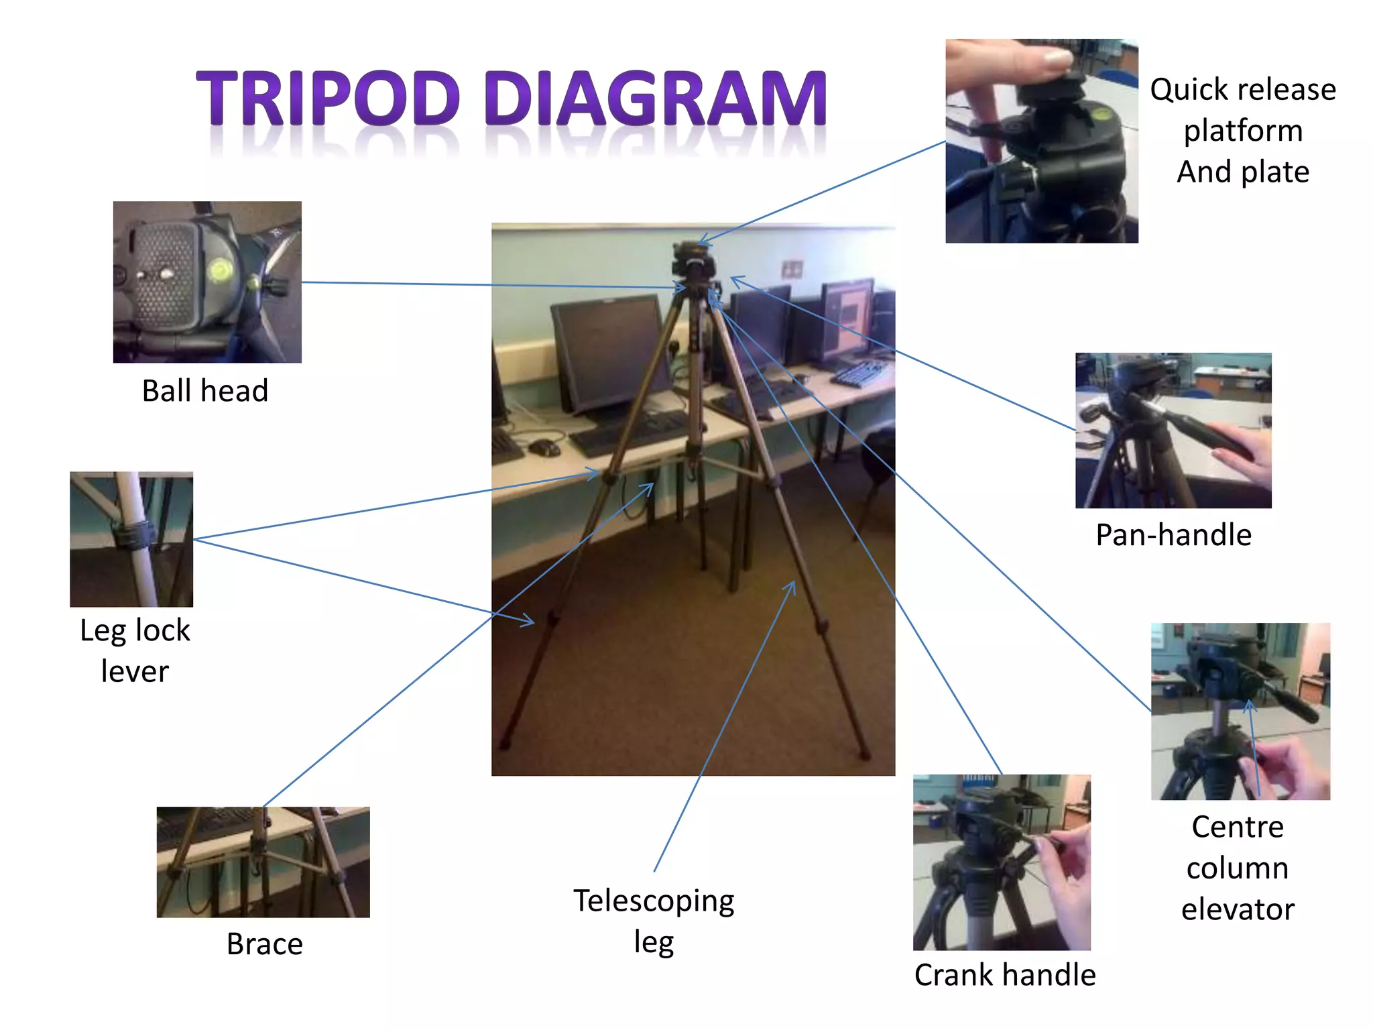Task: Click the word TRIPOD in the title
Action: pos(327,99)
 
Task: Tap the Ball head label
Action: pos(205,391)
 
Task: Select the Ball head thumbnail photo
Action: pos(207,282)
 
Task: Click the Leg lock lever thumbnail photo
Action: pos(131,539)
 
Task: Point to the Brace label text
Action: pos(265,944)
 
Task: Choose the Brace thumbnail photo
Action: pos(263,862)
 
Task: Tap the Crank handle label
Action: pos(1004,975)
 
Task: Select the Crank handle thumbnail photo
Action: pos(1002,862)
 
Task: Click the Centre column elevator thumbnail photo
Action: pos(1240,711)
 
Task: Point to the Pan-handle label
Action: pos(1173,535)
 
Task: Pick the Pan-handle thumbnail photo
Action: pos(1173,431)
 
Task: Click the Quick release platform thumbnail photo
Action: pos(1041,141)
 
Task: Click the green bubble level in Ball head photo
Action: pos(219,270)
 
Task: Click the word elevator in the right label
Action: pos(1238,910)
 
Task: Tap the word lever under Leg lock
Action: pos(135,671)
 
